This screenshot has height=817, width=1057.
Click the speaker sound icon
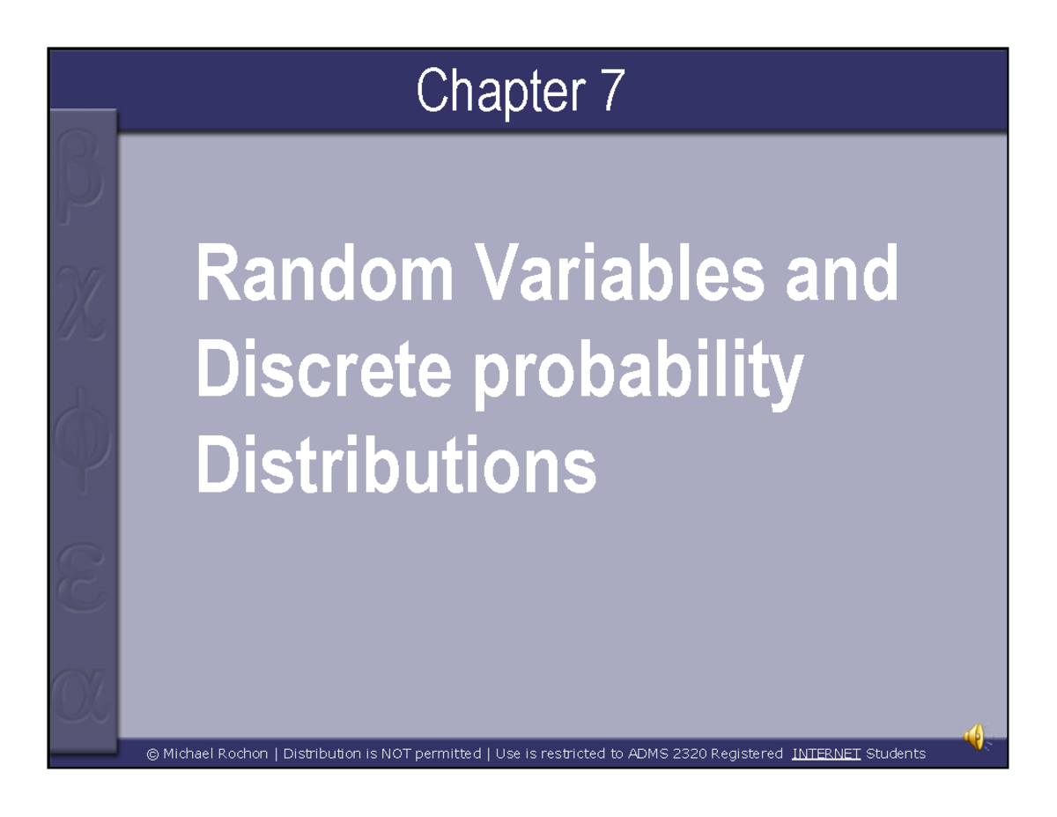(x=975, y=736)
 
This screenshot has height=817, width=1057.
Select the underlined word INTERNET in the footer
(x=826, y=754)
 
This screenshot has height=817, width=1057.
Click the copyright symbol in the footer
(x=152, y=754)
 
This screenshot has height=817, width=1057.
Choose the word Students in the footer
(x=896, y=754)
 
